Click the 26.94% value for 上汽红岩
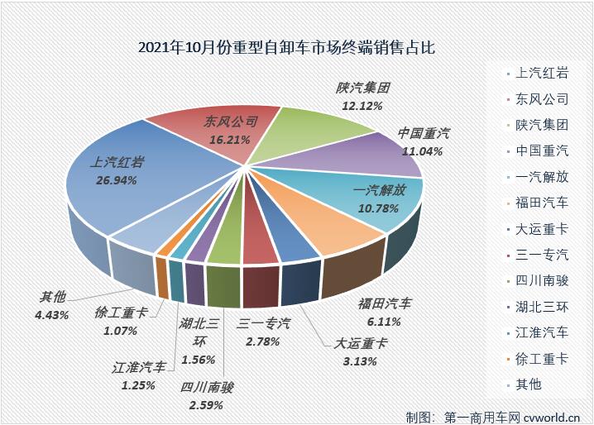click(x=113, y=179)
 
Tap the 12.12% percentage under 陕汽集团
click(x=362, y=107)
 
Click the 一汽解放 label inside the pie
click(x=380, y=190)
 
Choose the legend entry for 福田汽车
click(x=541, y=203)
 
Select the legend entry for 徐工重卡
click(x=541, y=358)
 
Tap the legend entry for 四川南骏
click(x=541, y=280)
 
